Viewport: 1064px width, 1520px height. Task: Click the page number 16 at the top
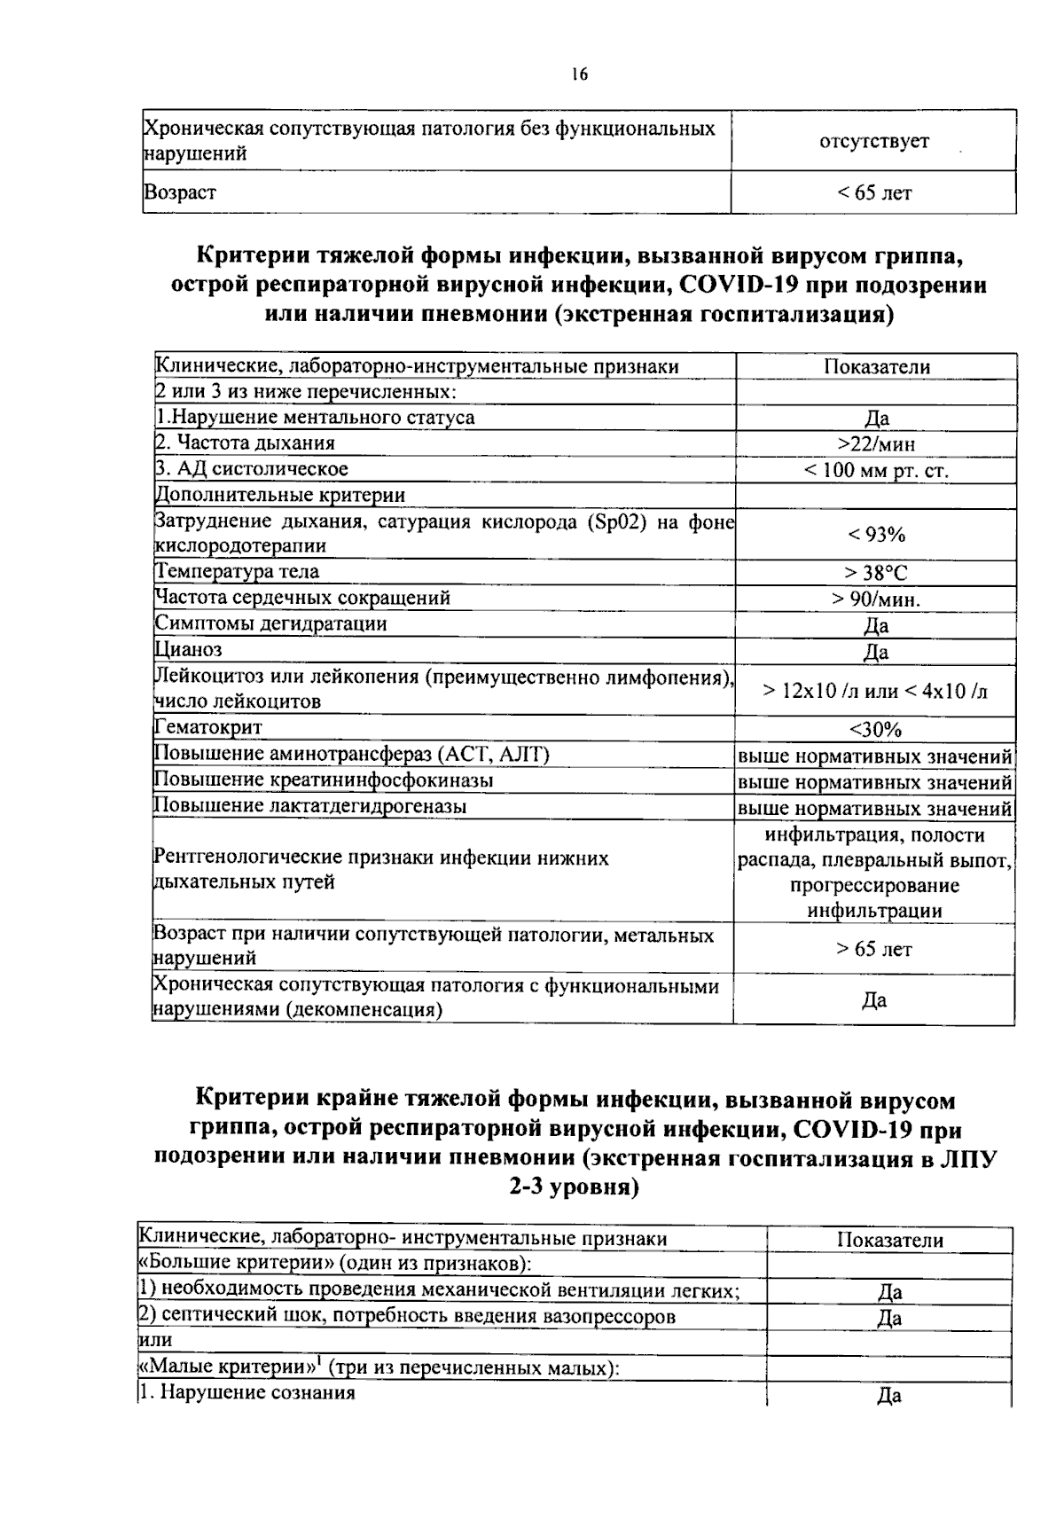tap(580, 74)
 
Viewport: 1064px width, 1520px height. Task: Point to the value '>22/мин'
tap(876, 443)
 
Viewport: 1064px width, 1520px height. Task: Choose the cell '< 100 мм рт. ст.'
tap(876, 470)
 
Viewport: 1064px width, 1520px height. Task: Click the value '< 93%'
tap(876, 535)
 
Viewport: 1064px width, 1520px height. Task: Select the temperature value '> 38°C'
tap(876, 574)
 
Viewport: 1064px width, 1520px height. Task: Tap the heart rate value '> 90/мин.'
tap(876, 599)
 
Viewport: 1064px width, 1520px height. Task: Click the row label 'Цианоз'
tap(188, 650)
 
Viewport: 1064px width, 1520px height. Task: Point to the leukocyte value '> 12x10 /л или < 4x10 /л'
tap(876, 690)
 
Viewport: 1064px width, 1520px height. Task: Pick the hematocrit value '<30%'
tap(876, 730)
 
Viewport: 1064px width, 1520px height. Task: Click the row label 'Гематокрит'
tap(208, 728)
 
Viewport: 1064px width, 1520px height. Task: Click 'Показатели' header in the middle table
tap(876, 367)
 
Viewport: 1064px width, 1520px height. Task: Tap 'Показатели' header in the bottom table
tap(889, 1241)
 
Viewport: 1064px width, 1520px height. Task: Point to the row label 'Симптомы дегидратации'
tap(270, 623)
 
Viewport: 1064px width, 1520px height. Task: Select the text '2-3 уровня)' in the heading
tap(574, 1188)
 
